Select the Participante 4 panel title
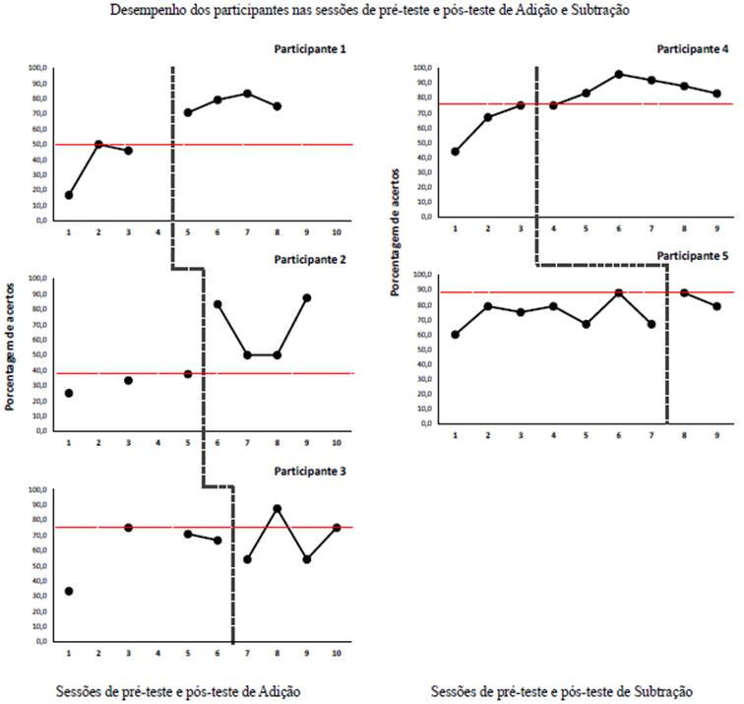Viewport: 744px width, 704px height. click(694, 48)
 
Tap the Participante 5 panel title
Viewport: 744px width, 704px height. click(694, 256)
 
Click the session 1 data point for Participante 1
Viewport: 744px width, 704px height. click(69, 195)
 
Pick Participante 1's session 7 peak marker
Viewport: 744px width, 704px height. click(247, 94)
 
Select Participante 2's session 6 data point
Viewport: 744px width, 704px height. click(217, 304)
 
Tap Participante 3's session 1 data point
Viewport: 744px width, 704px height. click(69, 591)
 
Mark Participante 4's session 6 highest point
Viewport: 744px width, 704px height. click(619, 74)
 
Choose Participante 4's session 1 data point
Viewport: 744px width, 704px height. click(455, 152)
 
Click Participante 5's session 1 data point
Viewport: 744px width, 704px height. click(455, 335)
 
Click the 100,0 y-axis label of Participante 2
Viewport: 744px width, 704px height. click(34, 279)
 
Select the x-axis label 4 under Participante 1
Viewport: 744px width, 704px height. click(157, 233)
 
